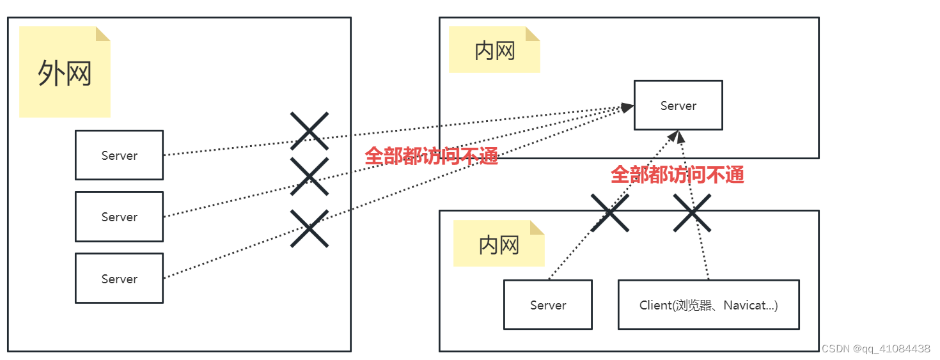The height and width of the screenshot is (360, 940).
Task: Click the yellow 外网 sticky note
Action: coord(65,72)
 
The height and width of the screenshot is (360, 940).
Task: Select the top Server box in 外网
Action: coord(119,155)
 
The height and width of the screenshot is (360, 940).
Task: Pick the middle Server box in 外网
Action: coord(119,217)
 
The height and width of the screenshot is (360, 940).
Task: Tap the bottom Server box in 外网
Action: coord(119,278)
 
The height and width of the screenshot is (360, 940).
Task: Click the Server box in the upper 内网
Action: coord(678,105)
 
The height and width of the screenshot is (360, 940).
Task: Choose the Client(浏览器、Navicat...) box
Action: coord(709,304)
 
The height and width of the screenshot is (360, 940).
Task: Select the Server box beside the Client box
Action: coord(548,304)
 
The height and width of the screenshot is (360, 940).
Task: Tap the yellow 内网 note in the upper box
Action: coord(494,50)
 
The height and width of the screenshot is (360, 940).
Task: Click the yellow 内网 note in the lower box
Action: coord(499,244)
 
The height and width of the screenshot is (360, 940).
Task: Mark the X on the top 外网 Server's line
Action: coord(309,131)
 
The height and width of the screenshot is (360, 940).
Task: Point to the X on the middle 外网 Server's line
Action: coord(309,176)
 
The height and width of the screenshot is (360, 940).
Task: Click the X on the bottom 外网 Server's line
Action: coord(309,228)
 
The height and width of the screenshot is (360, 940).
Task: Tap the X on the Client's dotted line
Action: coord(693,213)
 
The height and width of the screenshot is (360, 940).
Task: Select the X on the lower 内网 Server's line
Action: coord(609,213)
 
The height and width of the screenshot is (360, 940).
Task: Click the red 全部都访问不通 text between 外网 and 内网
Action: coord(431,156)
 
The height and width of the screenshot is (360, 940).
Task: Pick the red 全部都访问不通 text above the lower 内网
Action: coord(677,175)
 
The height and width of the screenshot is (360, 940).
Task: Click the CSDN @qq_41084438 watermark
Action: coord(875,348)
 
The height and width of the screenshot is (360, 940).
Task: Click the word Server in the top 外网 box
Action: coord(119,155)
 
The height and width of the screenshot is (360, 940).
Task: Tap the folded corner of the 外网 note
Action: coord(103,33)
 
